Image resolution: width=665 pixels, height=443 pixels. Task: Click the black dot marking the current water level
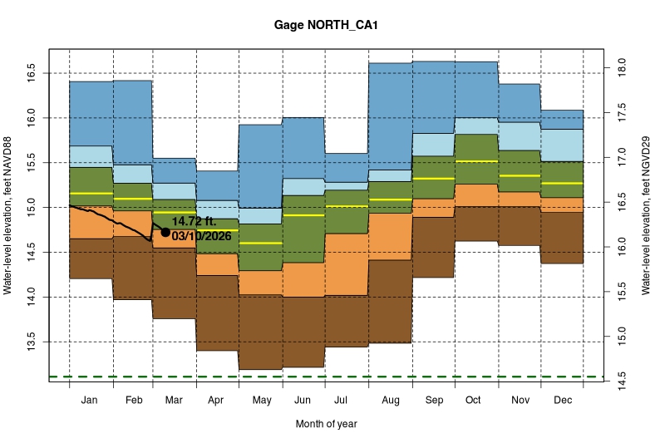[x=165, y=233]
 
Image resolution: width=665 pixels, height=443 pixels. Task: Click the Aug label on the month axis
[x=390, y=401]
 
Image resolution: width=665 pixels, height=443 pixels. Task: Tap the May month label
[x=261, y=401]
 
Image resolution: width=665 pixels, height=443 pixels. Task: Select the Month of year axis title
[x=327, y=424]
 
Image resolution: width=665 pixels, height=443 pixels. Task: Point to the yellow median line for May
[x=261, y=243]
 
